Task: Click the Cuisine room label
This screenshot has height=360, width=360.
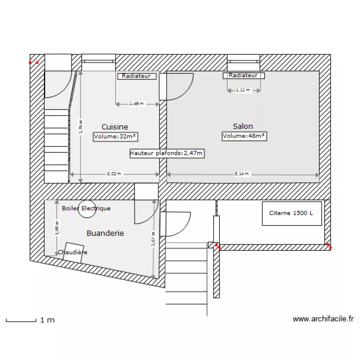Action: [115, 127]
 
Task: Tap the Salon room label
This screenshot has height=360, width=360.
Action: [243, 126]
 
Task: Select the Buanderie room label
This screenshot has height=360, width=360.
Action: [105, 233]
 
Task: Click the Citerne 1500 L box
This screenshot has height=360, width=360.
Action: [292, 213]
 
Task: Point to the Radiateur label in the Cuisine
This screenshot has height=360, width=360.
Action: [136, 76]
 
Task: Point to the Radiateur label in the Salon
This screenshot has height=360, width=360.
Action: [243, 75]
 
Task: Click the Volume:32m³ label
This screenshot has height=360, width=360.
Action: [115, 136]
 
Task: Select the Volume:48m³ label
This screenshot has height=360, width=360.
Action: [244, 136]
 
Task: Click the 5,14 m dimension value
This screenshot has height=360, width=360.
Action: [242, 174]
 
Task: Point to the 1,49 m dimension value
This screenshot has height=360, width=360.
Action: [137, 104]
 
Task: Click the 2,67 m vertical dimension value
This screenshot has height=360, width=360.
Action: [153, 239]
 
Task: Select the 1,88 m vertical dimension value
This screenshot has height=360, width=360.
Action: [57, 228]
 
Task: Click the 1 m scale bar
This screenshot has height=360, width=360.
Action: [21, 320]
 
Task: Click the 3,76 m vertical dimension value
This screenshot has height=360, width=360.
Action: [80, 127]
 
